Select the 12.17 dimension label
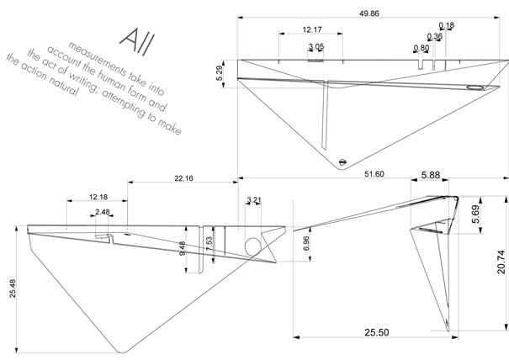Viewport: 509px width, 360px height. pos(310,30)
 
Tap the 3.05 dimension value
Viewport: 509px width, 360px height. pos(316,46)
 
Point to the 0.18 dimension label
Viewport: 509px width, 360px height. pos(446,26)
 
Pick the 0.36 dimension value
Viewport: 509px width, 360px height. pos(434,37)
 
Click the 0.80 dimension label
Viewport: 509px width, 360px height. pos(421,48)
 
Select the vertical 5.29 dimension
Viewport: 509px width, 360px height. pos(220,72)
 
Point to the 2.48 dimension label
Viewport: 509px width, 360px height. pos(103,211)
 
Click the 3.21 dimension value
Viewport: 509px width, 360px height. pos(255,200)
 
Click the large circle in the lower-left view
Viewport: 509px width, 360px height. pos(252,245)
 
